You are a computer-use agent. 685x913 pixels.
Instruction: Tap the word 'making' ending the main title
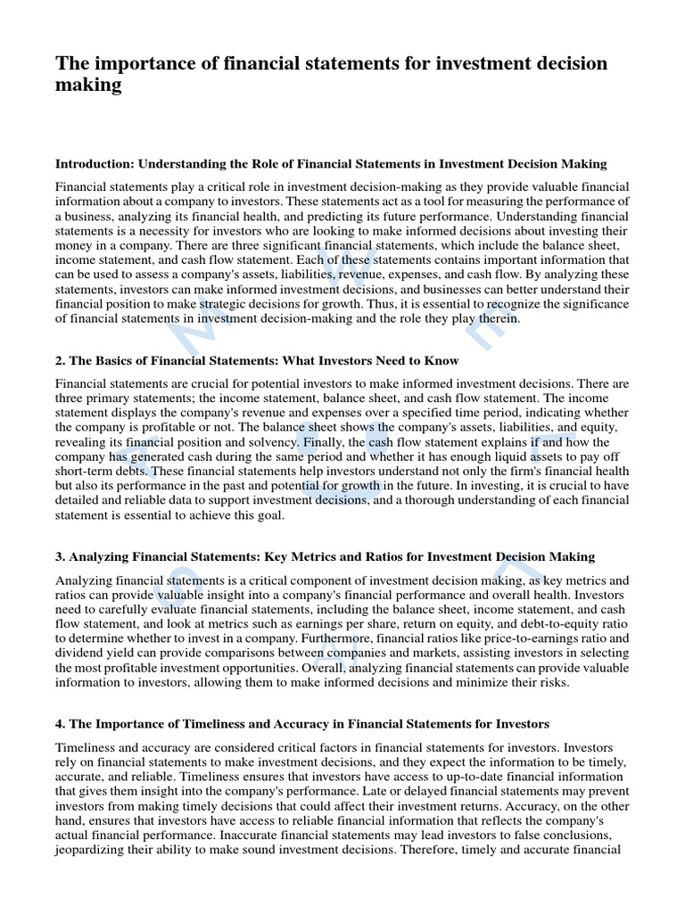click(88, 86)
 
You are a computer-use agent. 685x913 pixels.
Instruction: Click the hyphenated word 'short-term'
click(87, 472)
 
